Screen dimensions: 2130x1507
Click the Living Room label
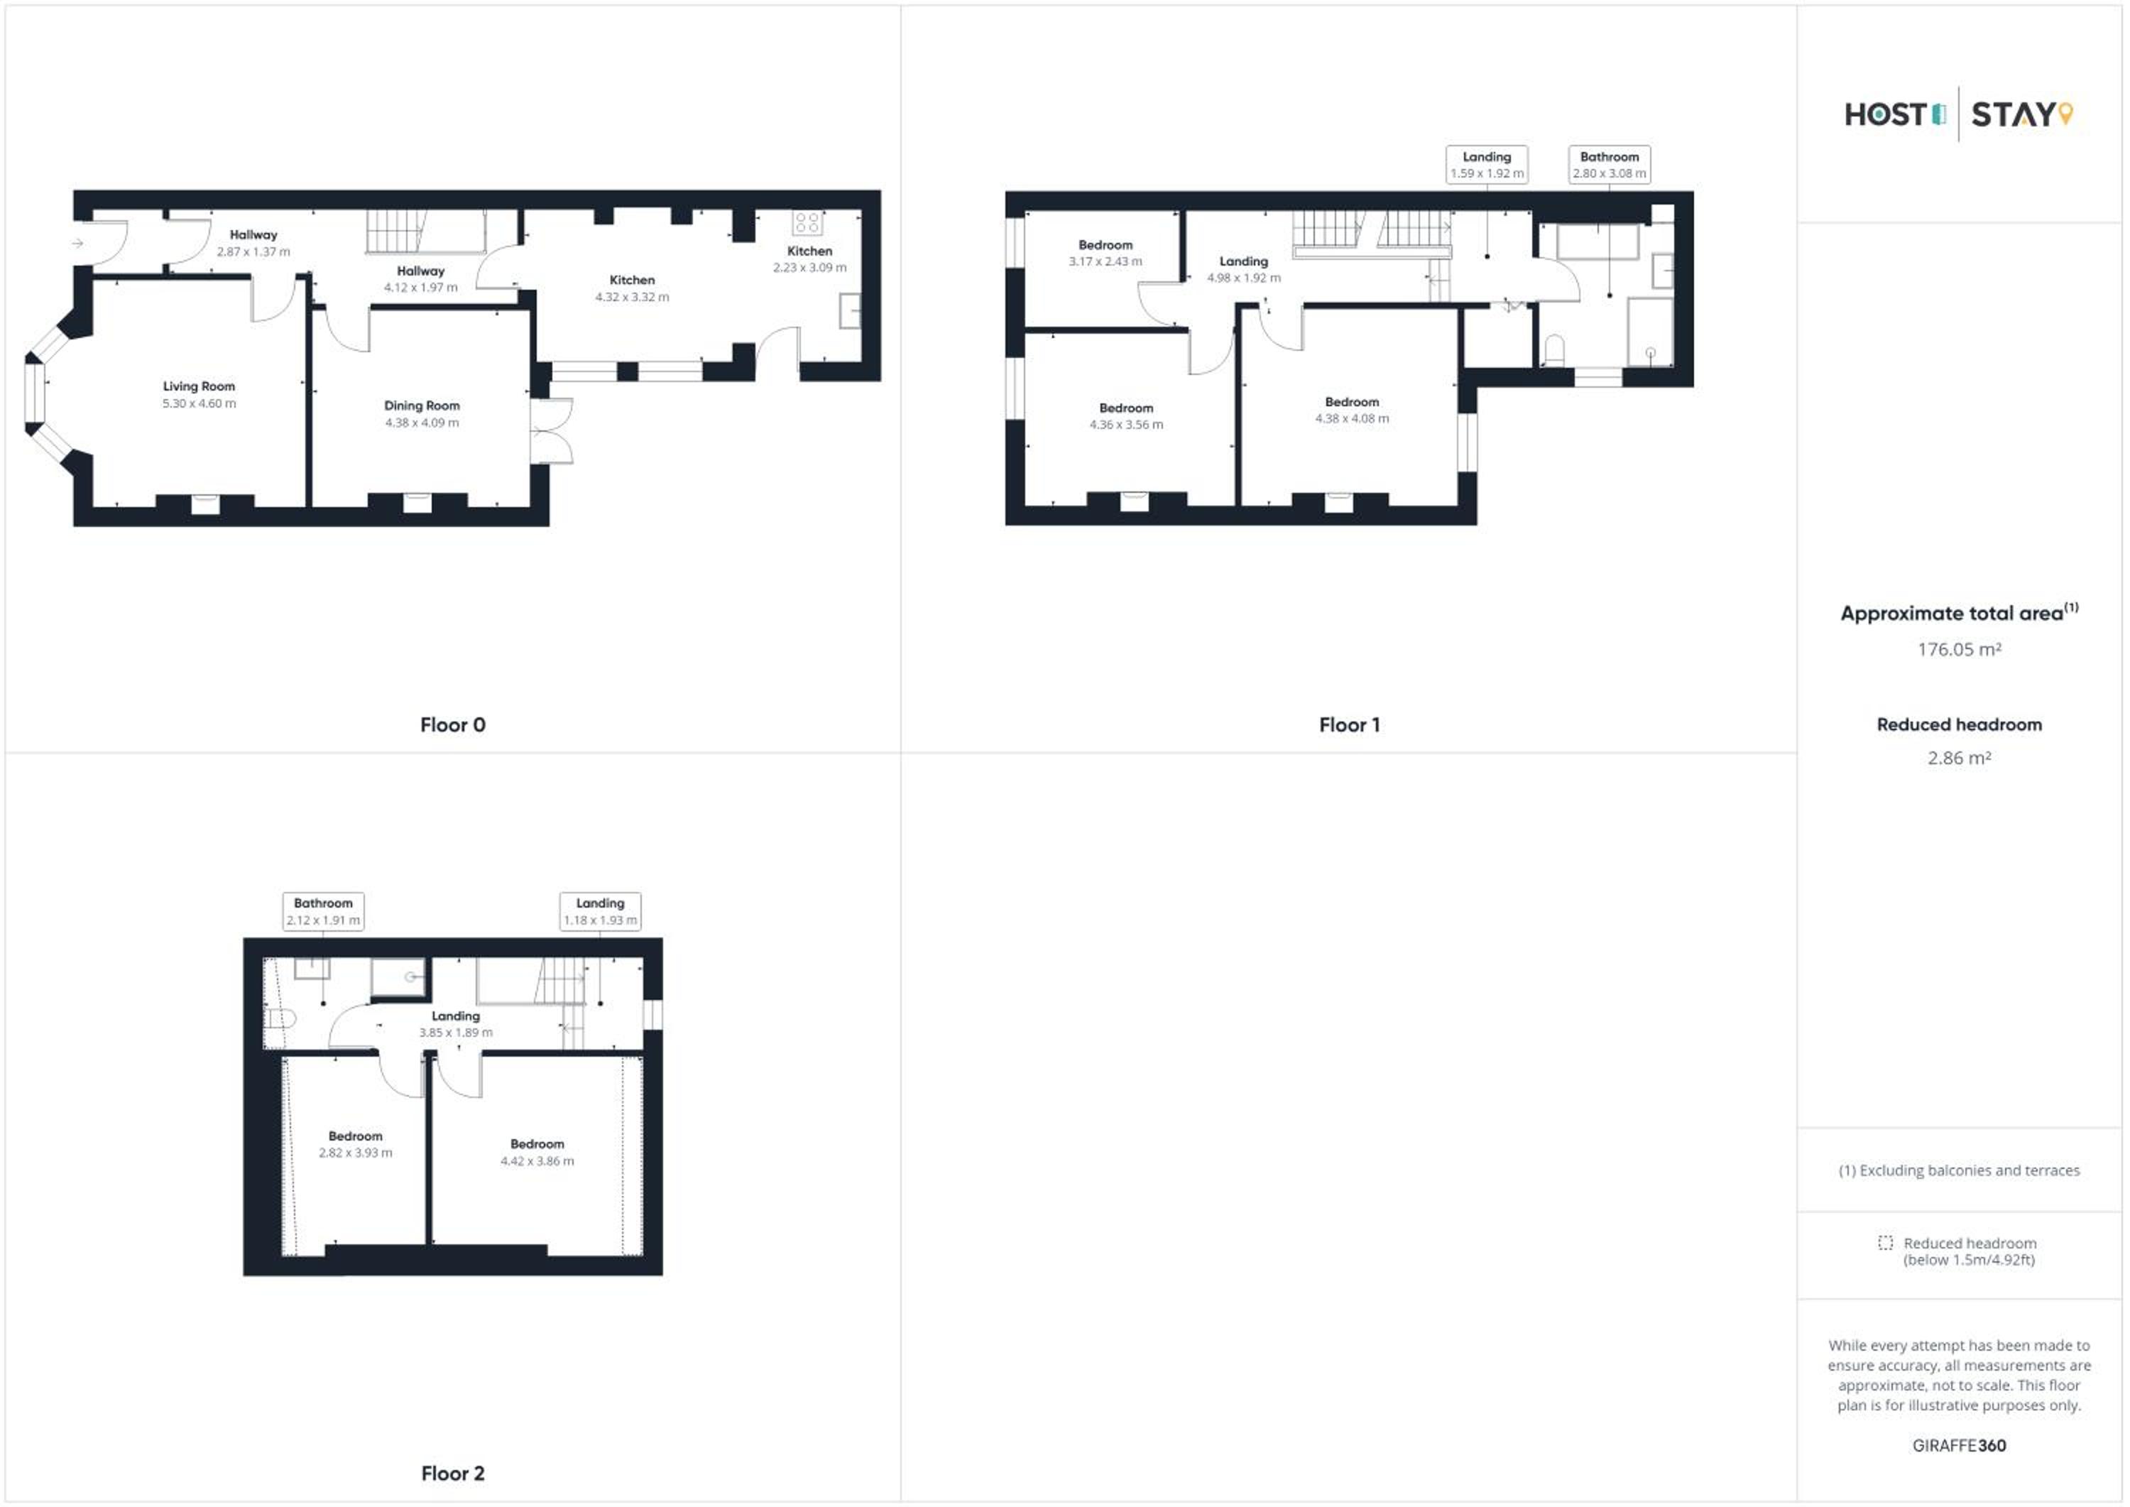[x=199, y=386]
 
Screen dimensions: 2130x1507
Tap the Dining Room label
[x=422, y=406]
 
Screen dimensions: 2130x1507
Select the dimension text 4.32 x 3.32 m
[x=632, y=297]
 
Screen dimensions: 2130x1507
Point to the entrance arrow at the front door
[x=78, y=243]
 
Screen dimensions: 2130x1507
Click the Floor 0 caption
[x=453, y=724]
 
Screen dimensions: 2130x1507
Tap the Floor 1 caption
[x=1349, y=724]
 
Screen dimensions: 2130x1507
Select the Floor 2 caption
[x=453, y=1473]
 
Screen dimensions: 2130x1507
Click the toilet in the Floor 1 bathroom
[x=1554, y=351]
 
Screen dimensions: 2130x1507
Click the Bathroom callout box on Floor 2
[x=323, y=911]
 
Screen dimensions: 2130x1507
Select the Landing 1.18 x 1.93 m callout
[x=600, y=911]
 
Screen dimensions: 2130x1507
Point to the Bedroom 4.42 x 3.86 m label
[x=537, y=1153]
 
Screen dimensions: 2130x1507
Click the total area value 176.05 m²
[x=1960, y=650]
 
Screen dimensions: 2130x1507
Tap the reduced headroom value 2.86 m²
[x=1960, y=758]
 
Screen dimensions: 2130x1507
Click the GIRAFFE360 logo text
[x=1960, y=1446]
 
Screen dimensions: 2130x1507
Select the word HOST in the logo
[x=1886, y=114]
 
